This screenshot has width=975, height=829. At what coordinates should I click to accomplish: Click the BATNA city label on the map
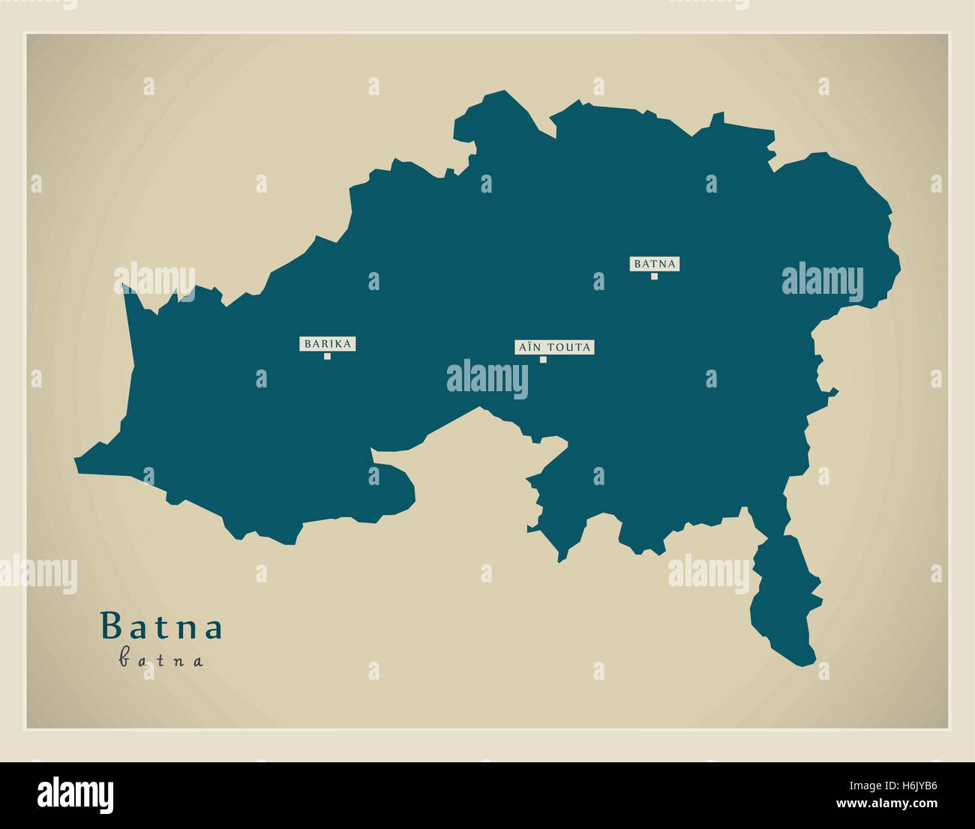(655, 264)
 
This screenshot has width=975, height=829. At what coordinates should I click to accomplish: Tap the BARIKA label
(327, 344)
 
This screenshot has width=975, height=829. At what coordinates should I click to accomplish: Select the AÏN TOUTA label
(555, 347)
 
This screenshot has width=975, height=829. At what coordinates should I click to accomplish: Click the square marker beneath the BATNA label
(654, 277)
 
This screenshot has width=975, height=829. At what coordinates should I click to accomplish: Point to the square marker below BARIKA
(327, 356)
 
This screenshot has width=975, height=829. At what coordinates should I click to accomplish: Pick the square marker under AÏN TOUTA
(543, 359)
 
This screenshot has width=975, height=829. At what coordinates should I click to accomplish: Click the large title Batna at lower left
(162, 627)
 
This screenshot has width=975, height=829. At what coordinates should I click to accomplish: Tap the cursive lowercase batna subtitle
(161, 660)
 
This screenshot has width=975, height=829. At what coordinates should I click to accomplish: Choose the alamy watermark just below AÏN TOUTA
(487, 379)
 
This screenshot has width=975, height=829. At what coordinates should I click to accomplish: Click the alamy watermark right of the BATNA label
(823, 280)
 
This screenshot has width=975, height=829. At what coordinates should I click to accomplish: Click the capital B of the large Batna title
(110, 627)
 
